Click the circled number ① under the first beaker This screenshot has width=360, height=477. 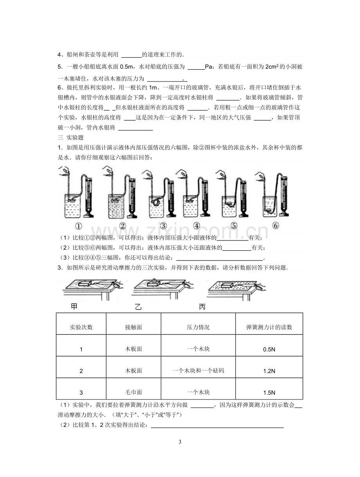tap(78, 226)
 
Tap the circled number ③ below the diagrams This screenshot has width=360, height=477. tap(163, 226)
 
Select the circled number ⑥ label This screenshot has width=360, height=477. tap(275, 226)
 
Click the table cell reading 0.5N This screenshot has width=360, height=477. tap(269, 349)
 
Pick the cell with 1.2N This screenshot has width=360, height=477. tap(269, 371)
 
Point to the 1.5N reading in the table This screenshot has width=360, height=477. tap(269, 393)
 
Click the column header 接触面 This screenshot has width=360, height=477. tap(133, 327)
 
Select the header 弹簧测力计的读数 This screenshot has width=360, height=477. tap(269, 327)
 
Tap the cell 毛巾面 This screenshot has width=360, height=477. tap(133, 392)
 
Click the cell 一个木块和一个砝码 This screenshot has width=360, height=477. tap(198, 370)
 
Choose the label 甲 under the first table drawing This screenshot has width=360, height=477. tap(74, 306)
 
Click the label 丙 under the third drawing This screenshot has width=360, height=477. tap(202, 307)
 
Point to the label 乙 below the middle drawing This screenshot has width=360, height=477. tap(138, 307)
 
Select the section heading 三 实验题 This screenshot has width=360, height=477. tap(70, 137)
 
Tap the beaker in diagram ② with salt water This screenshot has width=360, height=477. tap(117, 206)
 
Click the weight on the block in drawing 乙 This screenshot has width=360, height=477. tap(154, 280)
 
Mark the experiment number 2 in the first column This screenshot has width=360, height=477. tap(81, 371)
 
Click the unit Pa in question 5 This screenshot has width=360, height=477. tap(209, 67)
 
